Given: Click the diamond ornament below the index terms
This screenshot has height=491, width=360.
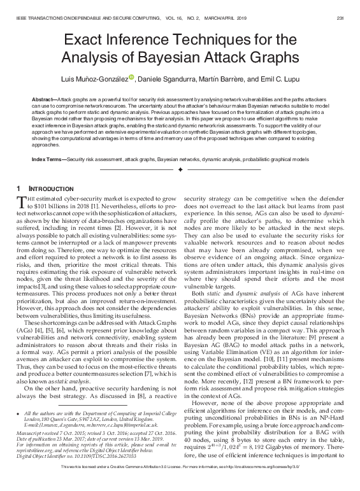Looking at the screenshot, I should click(x=180, y=171).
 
